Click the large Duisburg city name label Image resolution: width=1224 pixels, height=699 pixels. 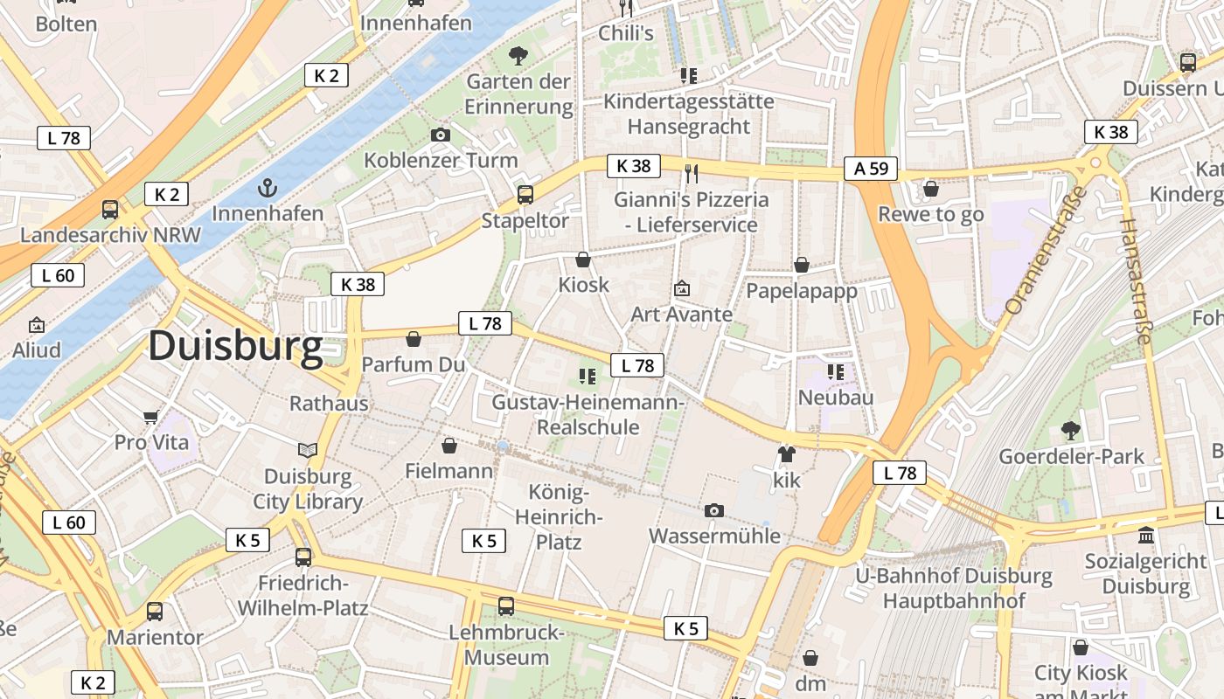235,346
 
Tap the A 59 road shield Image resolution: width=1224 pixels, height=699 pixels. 871,169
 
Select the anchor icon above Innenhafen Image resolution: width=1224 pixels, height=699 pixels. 267,187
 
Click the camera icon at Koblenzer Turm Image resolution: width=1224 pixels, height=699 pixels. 441,135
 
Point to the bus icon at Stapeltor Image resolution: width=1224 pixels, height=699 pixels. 525,194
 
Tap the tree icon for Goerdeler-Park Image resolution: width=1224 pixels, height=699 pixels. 1070,430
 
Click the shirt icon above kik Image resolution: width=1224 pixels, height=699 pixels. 786,454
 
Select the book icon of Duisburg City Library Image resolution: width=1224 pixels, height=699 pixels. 308,451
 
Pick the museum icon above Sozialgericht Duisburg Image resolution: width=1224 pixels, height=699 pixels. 1145,534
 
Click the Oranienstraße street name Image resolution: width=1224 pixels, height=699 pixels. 1044,252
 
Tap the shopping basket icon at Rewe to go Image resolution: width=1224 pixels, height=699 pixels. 930,189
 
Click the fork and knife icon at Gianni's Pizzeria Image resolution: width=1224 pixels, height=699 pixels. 691,173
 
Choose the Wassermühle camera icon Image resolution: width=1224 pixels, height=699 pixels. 713,510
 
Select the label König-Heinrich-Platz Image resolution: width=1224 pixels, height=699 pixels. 559,517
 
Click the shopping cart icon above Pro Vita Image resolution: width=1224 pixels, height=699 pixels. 150,417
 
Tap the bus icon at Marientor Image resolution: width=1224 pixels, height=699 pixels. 154,612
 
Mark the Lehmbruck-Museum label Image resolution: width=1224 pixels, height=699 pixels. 506,645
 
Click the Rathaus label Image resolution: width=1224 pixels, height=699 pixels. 329,404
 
